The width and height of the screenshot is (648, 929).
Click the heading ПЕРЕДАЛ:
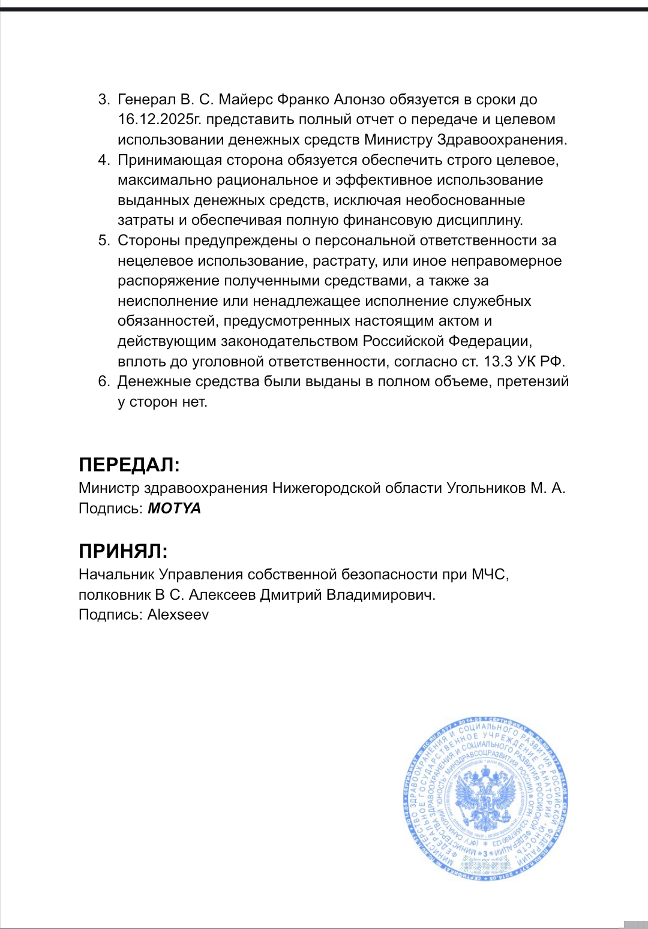[129, 465]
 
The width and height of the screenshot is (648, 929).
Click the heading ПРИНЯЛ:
[123, 551]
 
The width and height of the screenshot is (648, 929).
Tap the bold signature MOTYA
[174, 509]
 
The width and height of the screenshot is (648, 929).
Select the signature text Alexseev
[178, 615]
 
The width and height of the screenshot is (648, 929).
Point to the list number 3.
[104, 100]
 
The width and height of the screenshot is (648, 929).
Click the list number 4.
[104, 160]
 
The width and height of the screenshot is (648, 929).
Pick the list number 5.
[104, 240]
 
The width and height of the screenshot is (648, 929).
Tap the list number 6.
[104, 381]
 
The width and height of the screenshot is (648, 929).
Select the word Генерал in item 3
[146, 100]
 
